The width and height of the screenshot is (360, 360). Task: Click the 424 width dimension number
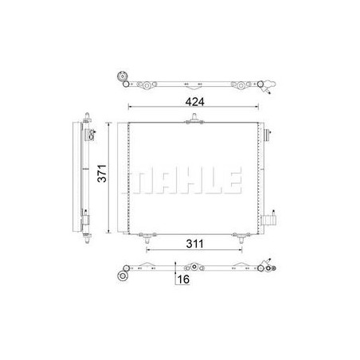pos(195,102)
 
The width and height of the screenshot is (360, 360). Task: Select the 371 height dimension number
pos(102,174)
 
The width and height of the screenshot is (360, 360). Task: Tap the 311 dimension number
pos(194,244)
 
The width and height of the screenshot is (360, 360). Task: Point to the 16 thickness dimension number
pos(183,280)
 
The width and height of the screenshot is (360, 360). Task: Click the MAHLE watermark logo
pos(182,180)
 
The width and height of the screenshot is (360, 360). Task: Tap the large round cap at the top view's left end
pos(122,76)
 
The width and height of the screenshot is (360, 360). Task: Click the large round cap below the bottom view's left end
pos(123,276)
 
